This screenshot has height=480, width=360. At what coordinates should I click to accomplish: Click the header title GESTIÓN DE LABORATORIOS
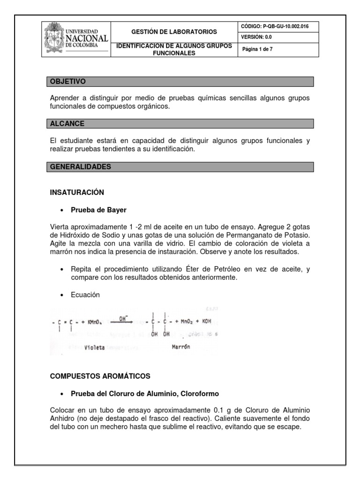point(174,32)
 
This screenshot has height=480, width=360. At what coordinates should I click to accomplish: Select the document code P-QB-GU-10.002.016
point(279,27)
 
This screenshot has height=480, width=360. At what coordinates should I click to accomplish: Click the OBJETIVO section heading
point(68,82)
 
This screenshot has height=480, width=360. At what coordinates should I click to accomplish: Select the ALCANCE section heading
point(67,124)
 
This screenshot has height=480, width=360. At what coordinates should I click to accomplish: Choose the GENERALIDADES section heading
point(81,166)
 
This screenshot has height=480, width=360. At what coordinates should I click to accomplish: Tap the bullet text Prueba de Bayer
point(98,210)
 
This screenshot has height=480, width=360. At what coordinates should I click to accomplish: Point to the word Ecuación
point(85,295)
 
